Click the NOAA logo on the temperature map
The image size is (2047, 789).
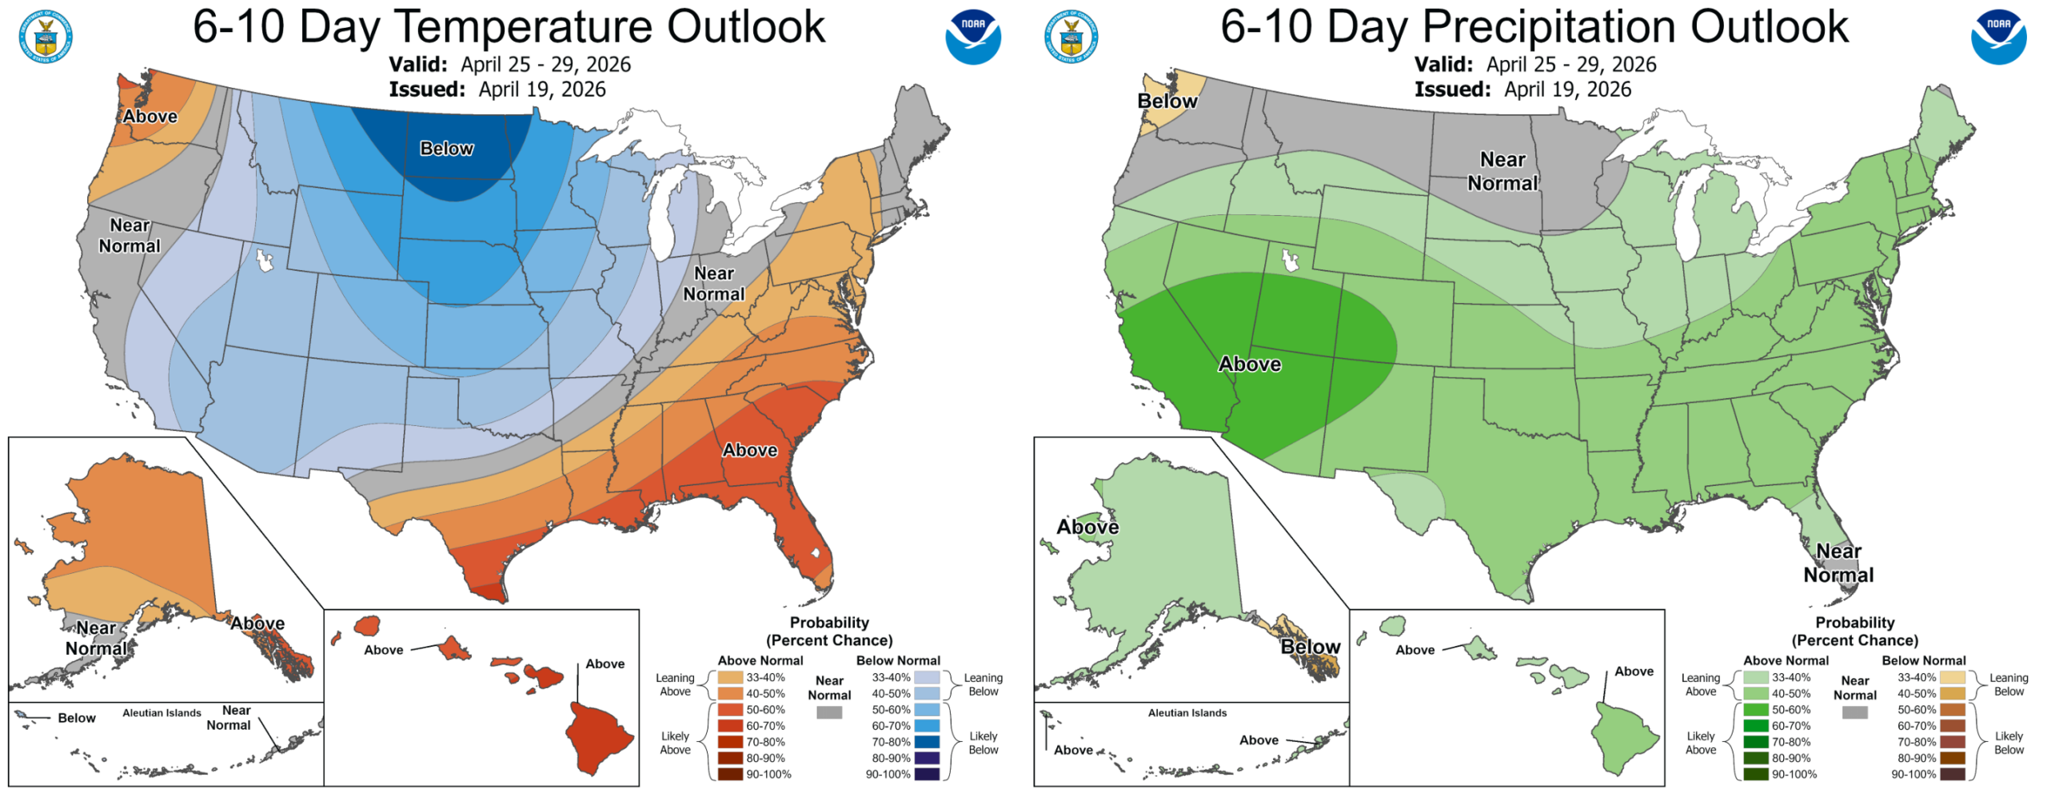tap(972, 37)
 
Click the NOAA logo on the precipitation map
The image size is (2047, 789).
tap(1997, 37)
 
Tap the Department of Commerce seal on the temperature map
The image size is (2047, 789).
tap(46, 37)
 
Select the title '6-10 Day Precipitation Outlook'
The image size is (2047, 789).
tap(1534, 26)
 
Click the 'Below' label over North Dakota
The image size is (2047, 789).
tap(447, 149)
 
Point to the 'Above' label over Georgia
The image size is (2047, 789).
tap(749, 450)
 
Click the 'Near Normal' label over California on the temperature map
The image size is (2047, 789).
tap(130, 236)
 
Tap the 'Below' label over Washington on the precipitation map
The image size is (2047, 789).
tap(1167, 102)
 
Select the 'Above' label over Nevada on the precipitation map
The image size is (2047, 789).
tap(1249, 365)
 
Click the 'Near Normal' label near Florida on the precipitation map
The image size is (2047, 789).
tap(1838, 563)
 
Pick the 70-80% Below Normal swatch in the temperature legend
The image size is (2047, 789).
tap(927, 742)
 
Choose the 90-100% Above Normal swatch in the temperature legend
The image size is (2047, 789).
tap(730, 774)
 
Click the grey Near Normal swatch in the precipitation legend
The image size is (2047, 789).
tap(1854, 712)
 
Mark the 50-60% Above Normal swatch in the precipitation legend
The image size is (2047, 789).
tap(1755, 710)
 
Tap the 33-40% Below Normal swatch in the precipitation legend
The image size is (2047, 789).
tap(1952, 677)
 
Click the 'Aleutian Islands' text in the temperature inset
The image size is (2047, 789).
tap(162, 713)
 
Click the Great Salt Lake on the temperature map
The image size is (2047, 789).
tap(263, 260)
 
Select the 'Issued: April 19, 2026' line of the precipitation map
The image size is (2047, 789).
tap(1522, 90)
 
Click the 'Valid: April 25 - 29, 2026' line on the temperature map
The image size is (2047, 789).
tap(509, 65)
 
